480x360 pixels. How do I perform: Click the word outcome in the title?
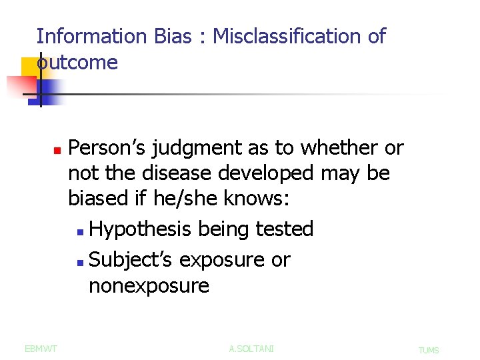(77, 63)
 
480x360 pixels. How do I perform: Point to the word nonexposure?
(149, 287)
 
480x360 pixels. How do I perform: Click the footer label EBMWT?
(41, 349)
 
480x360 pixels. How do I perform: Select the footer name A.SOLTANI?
(251, 349)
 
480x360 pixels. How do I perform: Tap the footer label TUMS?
(429, 350)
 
